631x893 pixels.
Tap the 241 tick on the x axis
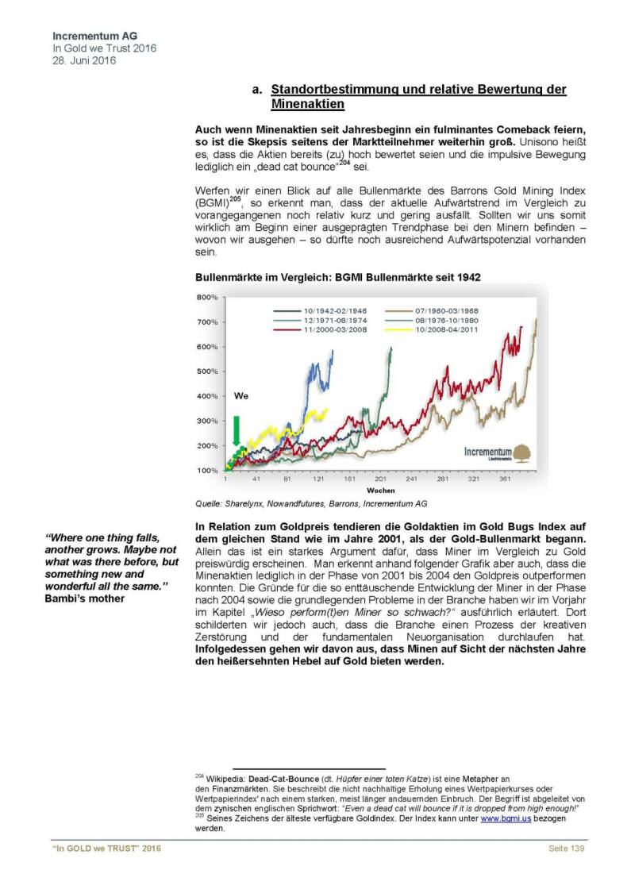(x=411, y=480)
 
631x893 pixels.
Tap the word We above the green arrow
(x=241, y=395)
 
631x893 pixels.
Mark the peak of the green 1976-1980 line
(x=391, y=348)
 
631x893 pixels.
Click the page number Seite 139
(x=567, y=849)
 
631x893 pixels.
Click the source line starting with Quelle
(x=311, y=503)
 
